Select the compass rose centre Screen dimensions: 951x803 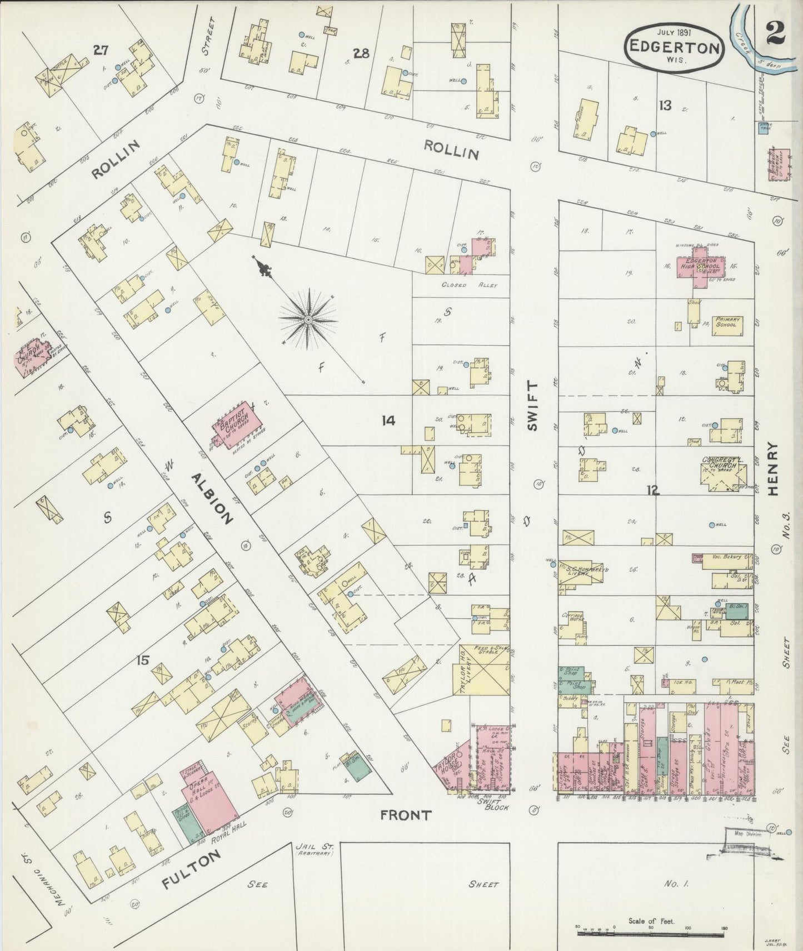307,320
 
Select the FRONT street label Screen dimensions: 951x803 406,815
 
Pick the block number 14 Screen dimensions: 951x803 388,421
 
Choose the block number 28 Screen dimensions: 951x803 362,53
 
